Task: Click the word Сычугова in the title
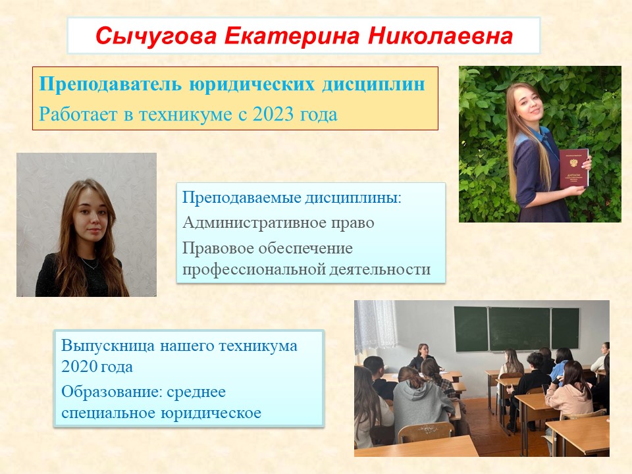(x=156, y=36)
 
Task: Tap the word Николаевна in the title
(x=440, y=36)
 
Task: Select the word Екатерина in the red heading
(x=292, y=36)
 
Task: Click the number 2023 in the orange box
(x=273, y=115)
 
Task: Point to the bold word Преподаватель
(x=110, y=85)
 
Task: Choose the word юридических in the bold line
(x=252, y=85)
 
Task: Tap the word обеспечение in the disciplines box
(x=305, y=248)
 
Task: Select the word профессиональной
(x=253, y=269)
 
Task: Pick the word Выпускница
(x=107, y=346)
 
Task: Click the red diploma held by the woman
(x=573, y=169)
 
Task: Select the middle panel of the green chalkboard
(x=519, y=329)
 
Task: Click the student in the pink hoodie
(x=569, y=389)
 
